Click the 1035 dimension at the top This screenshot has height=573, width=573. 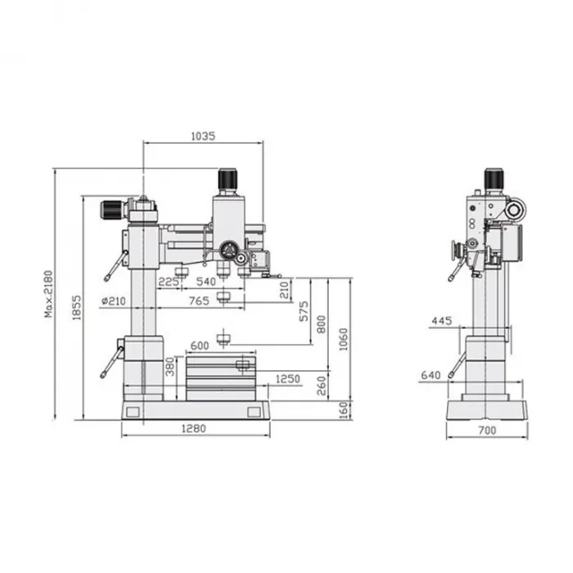tap(203, 136)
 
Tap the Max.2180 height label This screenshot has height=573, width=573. tap(48, 294)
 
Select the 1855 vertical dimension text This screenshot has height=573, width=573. tap(76, 308)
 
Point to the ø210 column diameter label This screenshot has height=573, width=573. tap(114, 301)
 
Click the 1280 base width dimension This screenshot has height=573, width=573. tap(194, 428)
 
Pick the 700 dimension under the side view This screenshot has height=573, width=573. tap(487, 431)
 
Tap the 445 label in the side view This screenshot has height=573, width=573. tap(442, 321)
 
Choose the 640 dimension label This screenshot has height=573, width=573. tap(431, 375)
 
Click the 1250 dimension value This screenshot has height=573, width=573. tap(287, 379)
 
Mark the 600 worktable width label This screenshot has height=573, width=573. tap(200, 345)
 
